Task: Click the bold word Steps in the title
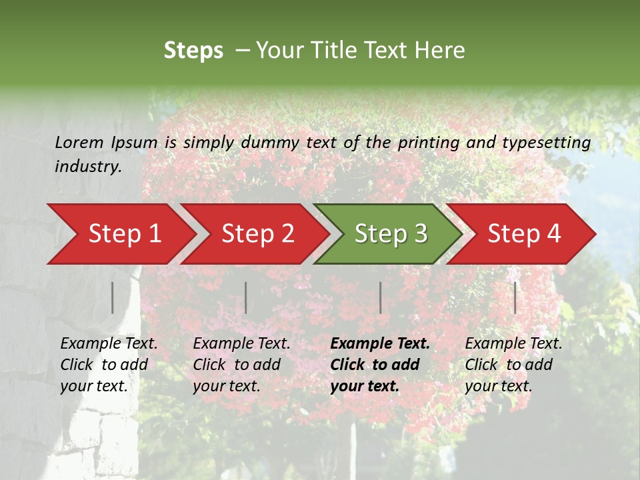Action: pos(193,50)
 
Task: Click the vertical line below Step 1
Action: pos(113,297)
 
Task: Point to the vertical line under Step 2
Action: pos(246,297)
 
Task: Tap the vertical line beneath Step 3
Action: pos(380,297)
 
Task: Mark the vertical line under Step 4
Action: pos(515,297)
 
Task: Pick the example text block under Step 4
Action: pos(513,365)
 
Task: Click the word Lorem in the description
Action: pos(79,142)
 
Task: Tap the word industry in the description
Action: pos(88,167)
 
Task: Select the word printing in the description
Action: pos(427,142)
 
